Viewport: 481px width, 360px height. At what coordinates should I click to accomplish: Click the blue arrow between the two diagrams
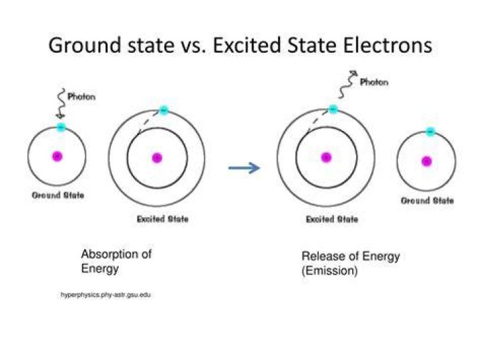pos(245,168)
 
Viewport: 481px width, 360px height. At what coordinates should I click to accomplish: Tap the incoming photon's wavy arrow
pos(62,104)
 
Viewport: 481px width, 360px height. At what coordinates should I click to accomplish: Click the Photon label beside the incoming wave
pos(82,97)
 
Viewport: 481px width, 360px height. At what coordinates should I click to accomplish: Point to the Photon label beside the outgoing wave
pos(374,82)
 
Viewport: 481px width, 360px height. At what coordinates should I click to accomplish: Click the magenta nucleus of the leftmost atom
pos(57,156)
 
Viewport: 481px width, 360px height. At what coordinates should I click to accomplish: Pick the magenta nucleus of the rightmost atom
pos(427,161)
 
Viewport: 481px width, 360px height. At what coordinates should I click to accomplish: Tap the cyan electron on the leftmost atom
pos(61,126)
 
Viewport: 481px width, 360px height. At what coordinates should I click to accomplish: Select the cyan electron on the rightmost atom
pos(431,132)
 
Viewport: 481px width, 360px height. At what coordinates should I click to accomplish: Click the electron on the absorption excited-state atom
pos(164,110)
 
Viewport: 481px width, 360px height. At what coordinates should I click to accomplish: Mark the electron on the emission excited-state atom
pos(333,109)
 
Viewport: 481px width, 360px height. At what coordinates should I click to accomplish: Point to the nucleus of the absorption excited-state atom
pos(157,158)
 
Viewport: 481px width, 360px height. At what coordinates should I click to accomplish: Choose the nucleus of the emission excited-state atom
pos(326,158)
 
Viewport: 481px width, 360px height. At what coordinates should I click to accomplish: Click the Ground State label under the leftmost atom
pos(58,195)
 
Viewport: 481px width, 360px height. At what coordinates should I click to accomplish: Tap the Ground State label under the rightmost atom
pos(428,200)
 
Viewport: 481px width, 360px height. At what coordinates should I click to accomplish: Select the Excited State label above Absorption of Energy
pos(162,219)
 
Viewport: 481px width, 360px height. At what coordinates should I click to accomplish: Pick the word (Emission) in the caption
pos(330,271)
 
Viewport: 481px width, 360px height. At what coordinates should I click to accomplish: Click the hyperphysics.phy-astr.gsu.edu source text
pos(106,295)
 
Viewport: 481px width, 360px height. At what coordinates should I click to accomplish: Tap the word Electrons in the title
pos(387,45)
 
